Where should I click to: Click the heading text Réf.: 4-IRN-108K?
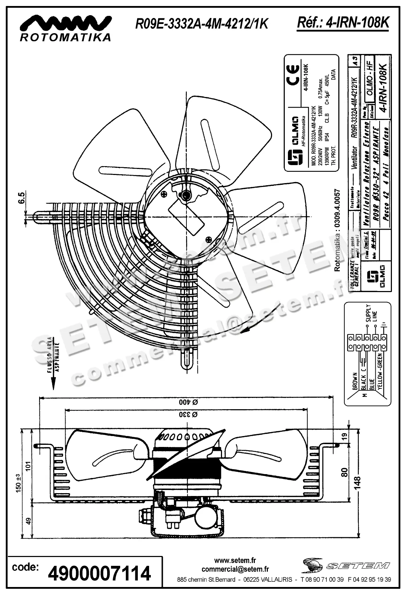(x=343, y=23)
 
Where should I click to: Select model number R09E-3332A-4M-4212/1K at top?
(x=202, y=24)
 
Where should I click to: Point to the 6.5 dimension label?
(x=22, y=198)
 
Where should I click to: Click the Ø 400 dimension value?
(x=188, y=402)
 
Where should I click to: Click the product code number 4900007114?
(x=99, y=573)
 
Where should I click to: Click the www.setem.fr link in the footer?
(x=235, y=560)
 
